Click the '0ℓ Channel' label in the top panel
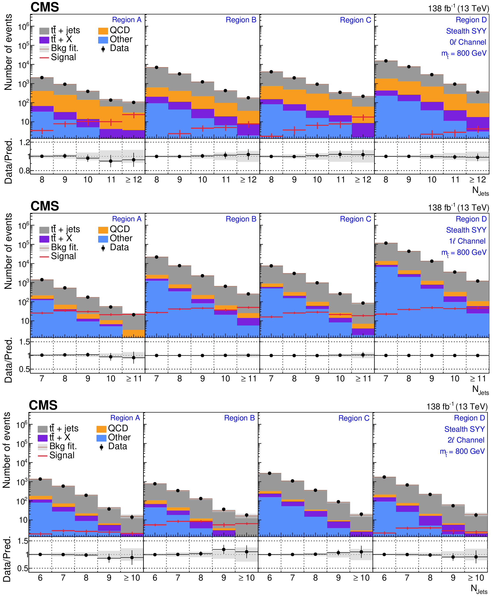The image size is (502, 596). (468, 42)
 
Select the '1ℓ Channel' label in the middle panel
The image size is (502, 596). (467, 241)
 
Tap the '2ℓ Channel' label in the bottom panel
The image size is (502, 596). (466, 440)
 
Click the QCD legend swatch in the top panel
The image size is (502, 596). (103, 30)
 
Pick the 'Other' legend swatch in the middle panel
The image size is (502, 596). (103, 238)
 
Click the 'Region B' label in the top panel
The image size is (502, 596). (241, 20)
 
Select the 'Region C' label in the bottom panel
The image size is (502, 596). (354, 418)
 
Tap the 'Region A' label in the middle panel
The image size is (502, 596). (127, 219)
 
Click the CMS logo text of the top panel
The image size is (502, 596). (45, 7)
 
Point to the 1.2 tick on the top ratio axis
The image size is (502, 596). (24, 142)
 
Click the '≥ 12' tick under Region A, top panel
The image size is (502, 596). (134, 180)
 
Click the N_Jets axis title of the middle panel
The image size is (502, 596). (480, 390)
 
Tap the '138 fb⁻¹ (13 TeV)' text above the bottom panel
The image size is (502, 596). (457, 407)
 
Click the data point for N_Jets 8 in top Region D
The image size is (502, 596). (386, 61)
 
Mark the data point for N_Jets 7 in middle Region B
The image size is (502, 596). (157, 257)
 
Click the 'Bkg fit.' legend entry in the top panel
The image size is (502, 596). (59, 48)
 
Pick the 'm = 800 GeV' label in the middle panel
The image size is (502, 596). (464, 252)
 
